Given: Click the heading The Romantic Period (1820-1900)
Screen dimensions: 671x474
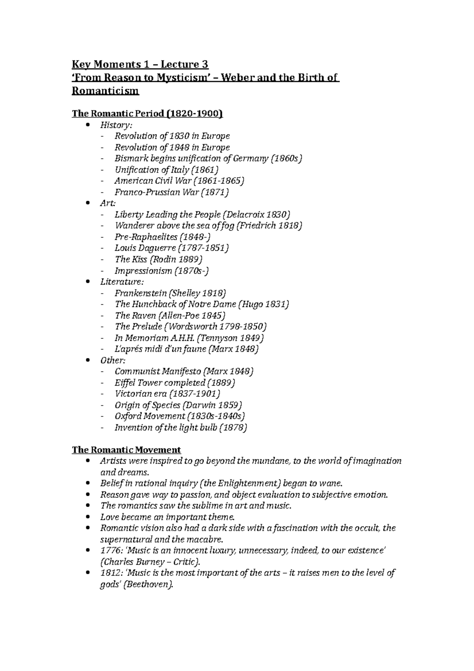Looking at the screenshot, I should coord(147,114).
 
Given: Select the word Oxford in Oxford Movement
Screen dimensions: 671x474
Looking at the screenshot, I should coord(128,416).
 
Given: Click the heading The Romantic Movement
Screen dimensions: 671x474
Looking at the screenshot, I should coord(126,450).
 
